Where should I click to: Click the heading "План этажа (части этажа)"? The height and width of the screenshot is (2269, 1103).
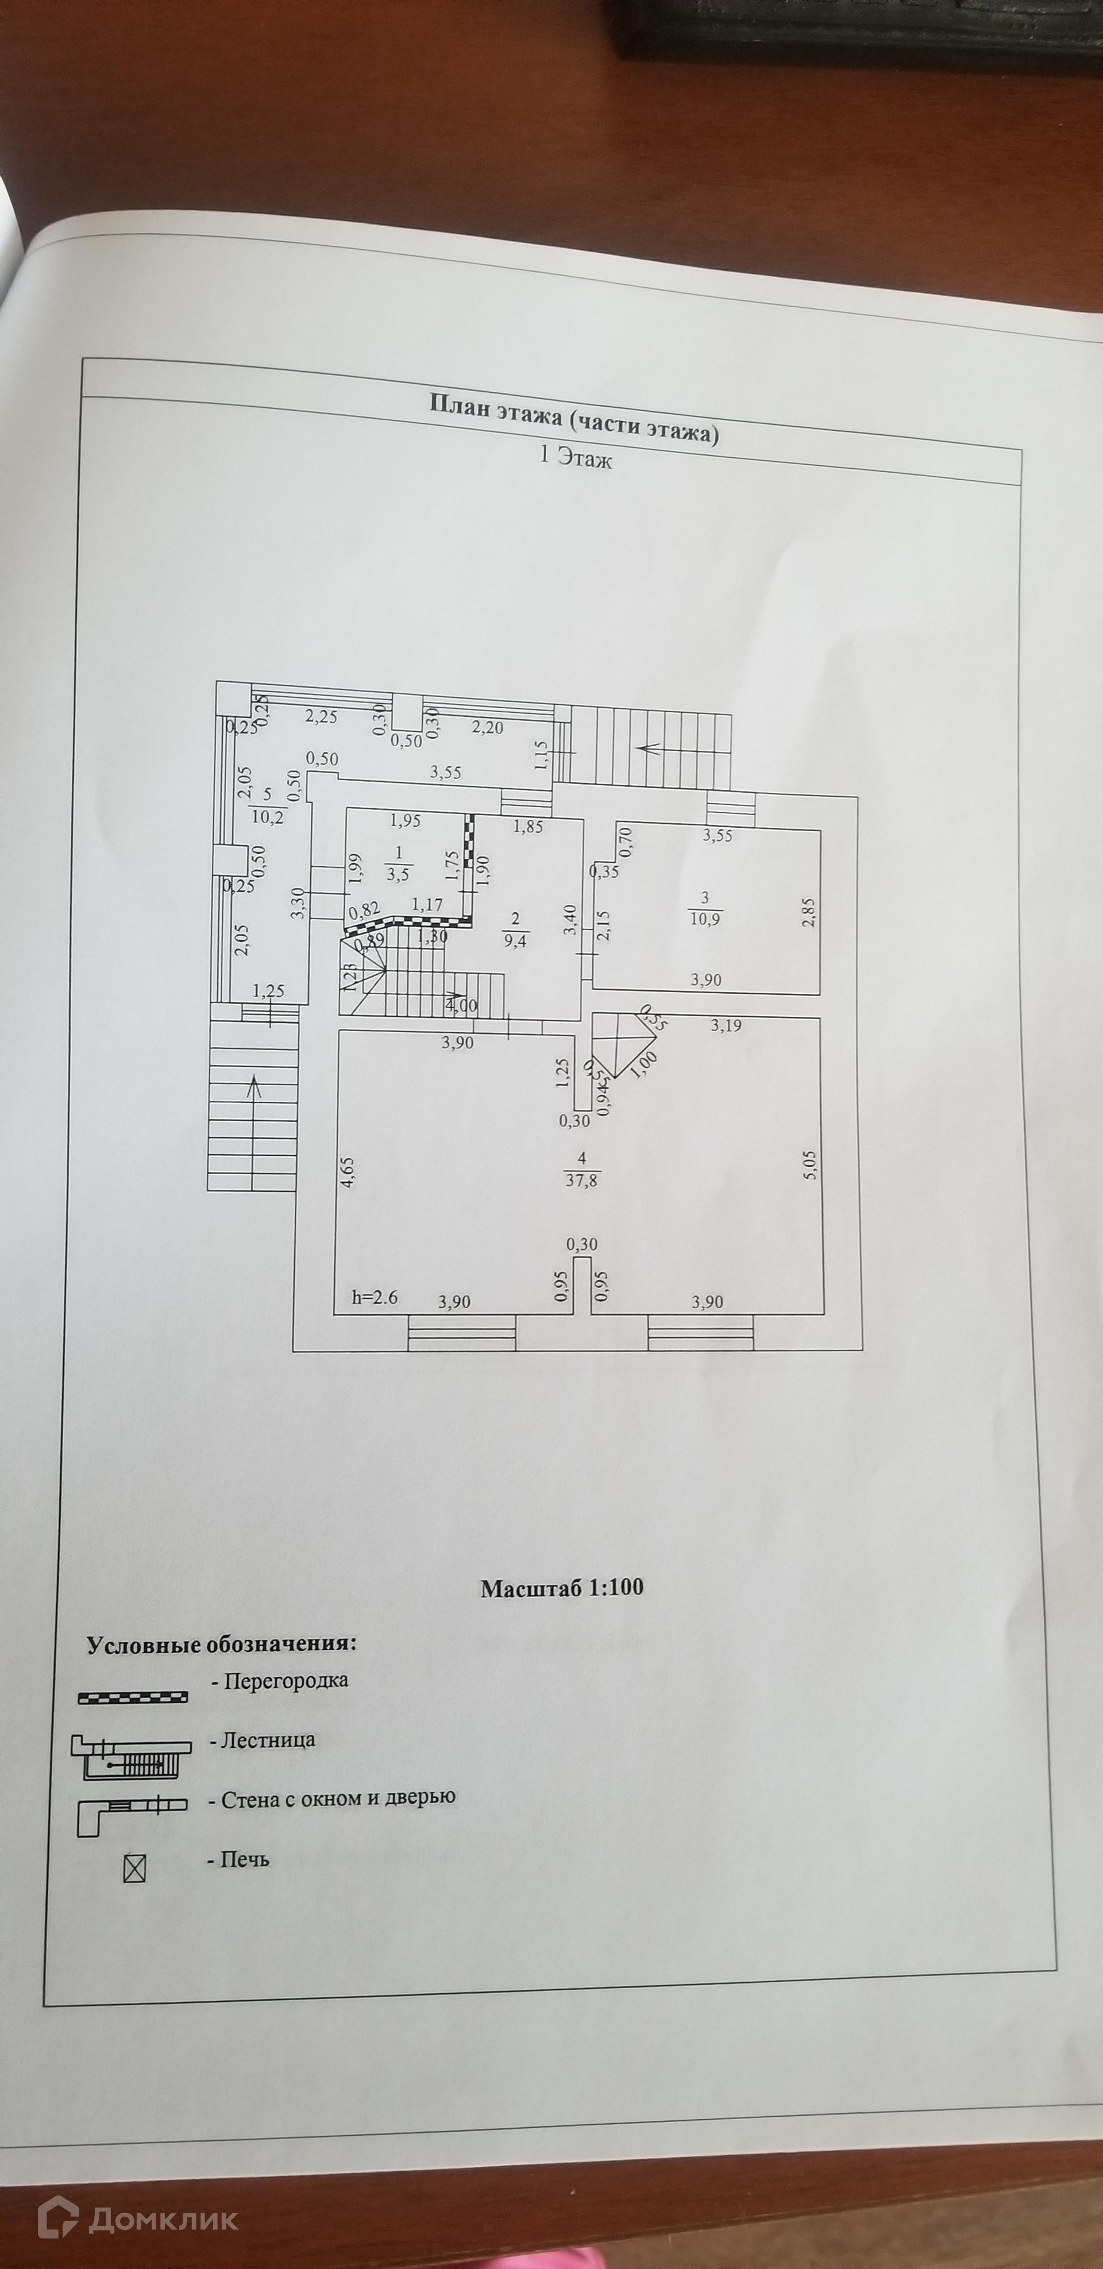(573, 418)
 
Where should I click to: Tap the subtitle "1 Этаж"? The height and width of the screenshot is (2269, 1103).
(574, 458)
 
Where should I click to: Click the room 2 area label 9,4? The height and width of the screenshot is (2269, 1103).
(515, 940)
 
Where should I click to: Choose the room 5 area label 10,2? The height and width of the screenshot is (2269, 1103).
(268, 816)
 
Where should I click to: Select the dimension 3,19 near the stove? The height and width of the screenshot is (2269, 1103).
(726, 1025)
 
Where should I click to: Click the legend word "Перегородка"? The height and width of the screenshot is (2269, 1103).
(286, 1680)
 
